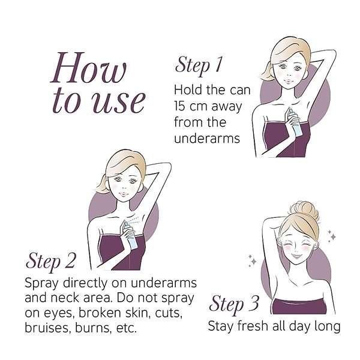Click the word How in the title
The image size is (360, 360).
click(x=88, y=68)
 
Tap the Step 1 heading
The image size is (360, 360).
click(x=199, y=65)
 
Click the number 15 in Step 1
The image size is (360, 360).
click(x=179, y=106)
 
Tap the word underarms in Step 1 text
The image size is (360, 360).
click(x=207, y=139)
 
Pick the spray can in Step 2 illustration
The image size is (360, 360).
click(x=130, y=235)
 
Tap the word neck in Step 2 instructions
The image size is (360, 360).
click(x=64, y=298)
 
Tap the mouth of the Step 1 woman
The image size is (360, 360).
click(x=287, y=81)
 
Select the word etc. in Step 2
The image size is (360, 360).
click(x=127, y=328)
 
